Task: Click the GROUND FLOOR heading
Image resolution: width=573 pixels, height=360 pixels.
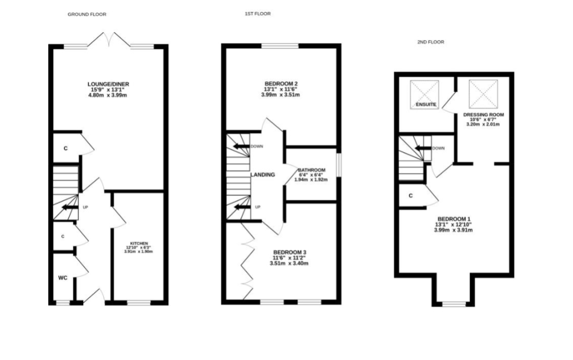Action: click(x=87, y=14)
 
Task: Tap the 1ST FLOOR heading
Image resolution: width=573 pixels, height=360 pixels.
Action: click(x=258, y=14)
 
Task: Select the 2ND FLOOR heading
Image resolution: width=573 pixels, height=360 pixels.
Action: click(x=431, y=42)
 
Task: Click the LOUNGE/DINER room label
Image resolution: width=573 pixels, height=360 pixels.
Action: click(x=108, y=84)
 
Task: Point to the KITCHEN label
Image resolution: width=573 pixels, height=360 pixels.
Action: click(x=139, y=243)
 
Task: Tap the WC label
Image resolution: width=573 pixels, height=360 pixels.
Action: click(x=63, y=278)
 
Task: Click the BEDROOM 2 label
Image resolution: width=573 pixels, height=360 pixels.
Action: click(x=281, y=84)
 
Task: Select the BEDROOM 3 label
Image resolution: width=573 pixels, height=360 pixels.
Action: click(x=290, y=252)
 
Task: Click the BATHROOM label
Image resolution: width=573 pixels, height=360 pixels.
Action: click(x=312, y=170)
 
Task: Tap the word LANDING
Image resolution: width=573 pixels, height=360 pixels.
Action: click(x=263, y=175)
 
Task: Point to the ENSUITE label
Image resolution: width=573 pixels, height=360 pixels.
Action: click(x=426, y=105)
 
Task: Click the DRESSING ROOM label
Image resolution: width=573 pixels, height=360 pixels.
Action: click(x=484, y=115)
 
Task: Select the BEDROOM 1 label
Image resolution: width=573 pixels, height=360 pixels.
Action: click(x=454, y=219)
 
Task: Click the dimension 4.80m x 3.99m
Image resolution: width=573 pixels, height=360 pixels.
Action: click(x=108, y=96)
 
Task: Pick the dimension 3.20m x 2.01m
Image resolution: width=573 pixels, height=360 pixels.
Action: click(x=483, y=125)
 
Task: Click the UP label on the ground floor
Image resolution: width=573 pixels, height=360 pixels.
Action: click(x=85, y=207)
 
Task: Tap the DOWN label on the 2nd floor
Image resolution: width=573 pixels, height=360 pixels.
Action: click(x=438, y=148)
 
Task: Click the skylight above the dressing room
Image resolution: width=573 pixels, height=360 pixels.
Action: click(x=484, y=94)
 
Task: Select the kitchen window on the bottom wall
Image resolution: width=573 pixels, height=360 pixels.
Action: click(x=139, y=303)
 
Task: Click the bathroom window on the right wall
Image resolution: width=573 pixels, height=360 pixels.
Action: click(x=339, y=165)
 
